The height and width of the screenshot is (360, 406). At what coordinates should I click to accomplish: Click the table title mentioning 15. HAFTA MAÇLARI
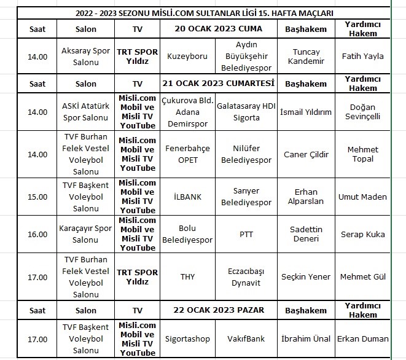(x=203, y=13)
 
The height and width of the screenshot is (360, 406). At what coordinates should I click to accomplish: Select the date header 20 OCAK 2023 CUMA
(x=218, y=29)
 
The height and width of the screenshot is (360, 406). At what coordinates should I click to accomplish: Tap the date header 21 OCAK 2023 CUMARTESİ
(x=218, y=83)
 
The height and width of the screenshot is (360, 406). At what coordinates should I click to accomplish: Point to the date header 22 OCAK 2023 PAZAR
(x=218, y=310)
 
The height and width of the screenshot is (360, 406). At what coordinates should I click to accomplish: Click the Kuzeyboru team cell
(x=187, y=56)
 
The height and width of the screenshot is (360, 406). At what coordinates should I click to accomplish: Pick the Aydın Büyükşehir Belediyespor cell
(x=246, y=56)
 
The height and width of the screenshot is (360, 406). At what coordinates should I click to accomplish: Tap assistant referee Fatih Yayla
(x=362, y=56)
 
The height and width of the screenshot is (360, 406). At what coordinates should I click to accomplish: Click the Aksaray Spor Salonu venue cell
(x=86, y=56)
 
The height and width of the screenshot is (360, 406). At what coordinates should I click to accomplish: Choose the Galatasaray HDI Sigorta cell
(x=246, y=112)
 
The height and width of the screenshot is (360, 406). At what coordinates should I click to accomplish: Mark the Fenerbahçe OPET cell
(x=187, y=154)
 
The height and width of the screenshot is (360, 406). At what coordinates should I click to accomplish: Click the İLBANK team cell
(x=187, y=197)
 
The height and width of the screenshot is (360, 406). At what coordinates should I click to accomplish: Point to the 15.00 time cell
(x=37, y=197)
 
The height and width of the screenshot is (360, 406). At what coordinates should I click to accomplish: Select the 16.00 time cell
(x=37, y=234)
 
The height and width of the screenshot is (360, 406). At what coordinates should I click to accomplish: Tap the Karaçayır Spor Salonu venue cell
(x=86, y=234)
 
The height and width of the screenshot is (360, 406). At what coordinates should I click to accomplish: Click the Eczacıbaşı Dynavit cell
(x=246, y=277)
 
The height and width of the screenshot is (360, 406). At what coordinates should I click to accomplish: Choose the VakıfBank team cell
(x=246, y=338)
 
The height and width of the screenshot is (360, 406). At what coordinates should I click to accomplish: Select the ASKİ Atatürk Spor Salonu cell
(x=86, y=112)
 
